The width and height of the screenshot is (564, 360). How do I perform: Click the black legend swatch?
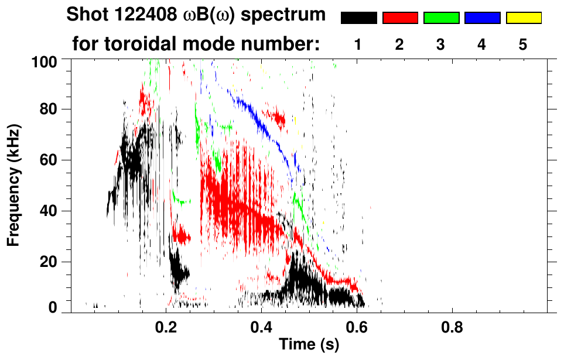coord(358,18)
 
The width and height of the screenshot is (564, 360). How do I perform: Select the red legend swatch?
coord(400,18)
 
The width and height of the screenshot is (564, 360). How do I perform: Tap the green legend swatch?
coord(441,18)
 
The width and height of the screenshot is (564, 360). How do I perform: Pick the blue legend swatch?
coord(482,18)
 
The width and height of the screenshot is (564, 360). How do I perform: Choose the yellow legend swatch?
coord(523,18)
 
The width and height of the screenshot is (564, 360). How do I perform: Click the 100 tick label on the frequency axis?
coord(45,61)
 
